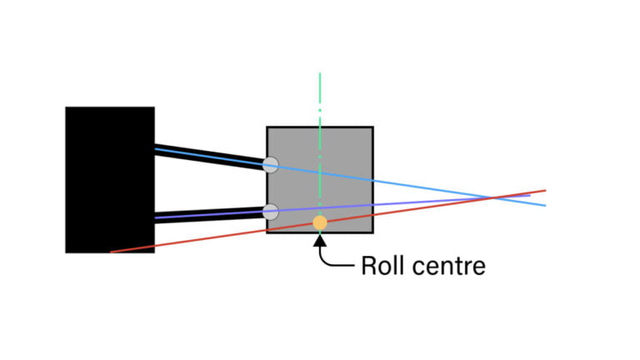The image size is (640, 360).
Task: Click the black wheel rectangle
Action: (x=110, y=179)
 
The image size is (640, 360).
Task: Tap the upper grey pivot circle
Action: (x=270, y=164)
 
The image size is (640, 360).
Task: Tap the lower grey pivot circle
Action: (x=270, y=212)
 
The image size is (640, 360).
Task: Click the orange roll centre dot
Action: (x=319, y=222)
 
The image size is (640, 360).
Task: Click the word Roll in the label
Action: (x=380, y=267)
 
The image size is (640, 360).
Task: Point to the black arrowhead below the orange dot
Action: (x=319, y=241)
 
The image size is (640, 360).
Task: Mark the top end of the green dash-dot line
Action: (x=319, y=73)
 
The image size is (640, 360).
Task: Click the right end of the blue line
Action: (x=545, y=205)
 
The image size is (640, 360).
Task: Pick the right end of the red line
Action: (x=545, y=190)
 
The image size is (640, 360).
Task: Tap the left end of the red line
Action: (x=111, y=251)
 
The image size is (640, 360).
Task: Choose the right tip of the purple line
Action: (x=530, y=195)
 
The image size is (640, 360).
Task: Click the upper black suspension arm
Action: (x=208, y=157)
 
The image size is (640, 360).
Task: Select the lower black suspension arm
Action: (x=208, y=215)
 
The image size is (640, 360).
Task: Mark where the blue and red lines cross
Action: (x=495, y=197)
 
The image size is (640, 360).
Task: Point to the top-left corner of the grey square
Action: (x=267, y=127)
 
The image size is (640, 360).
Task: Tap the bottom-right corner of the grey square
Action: (x=372, y=232)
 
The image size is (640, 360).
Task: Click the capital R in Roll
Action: (x=368, y=267)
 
